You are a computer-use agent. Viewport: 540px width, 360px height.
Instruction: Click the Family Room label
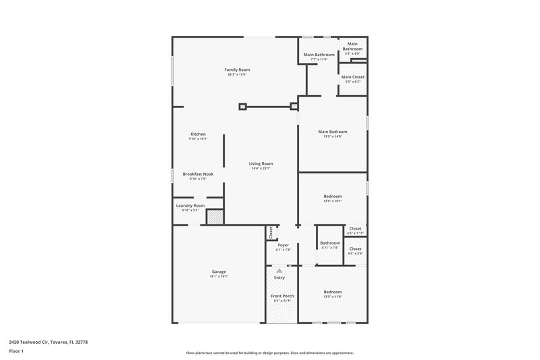tap(237, 70)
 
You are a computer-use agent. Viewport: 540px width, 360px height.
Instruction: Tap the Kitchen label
tap(198, 134)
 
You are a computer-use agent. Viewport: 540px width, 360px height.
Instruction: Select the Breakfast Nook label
tap(198, 174)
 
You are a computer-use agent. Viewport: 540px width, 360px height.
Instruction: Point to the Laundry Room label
tap(190, 205)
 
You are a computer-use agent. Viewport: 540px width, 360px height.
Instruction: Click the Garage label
tap(219, 272)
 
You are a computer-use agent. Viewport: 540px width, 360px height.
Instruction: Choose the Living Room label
tap(261, 163)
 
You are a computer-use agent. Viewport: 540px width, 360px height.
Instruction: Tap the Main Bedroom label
tap(333, 132)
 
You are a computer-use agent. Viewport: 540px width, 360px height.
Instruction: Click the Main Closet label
tap(352, 77)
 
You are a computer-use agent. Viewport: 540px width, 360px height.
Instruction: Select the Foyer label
tap(283, 245)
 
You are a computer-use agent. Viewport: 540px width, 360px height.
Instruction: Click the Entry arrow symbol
tap(279, 269)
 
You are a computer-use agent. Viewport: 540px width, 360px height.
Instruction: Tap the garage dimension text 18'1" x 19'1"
tap(219, 276)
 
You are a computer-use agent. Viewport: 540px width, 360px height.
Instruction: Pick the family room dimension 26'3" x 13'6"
tap(237, 74)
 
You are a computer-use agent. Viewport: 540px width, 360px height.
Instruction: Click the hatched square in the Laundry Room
tap(214, 217)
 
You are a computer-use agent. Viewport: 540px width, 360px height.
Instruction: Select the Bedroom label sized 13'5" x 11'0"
tap(333, 292)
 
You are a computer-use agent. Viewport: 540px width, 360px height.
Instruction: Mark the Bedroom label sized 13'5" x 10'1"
tap(333, 197)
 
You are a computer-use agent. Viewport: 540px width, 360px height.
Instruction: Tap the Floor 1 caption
tap(16, 352)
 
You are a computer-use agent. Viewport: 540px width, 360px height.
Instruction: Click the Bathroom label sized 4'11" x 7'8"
tap(330, 243)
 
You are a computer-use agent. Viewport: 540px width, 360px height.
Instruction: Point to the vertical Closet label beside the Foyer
tap(271, 232)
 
